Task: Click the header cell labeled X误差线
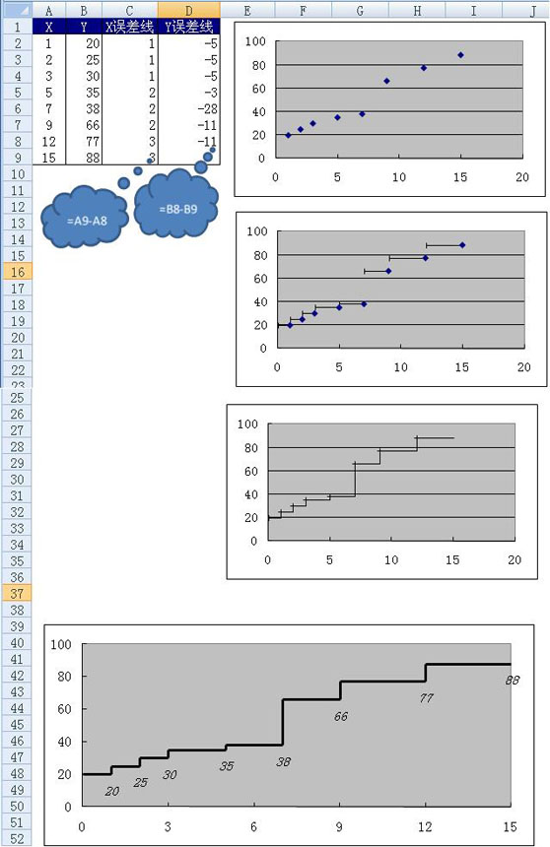(x=130, y=27)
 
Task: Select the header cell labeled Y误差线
(x=188, y=27)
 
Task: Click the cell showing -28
(x=188, y=108)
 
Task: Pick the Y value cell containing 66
(x=84, y=125)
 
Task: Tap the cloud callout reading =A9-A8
(x=85, y=217)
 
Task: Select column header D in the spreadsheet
(x=188, y=10)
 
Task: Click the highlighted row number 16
(x=17, y=272)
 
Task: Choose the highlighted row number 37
(x=17, y=593)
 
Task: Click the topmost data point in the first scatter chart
(x=460, y=55)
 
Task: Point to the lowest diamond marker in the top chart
(x=288, y=135)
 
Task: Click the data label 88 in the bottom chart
(x=513, y=681)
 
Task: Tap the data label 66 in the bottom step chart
(x=341, y=716)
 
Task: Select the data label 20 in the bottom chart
(x=112, y=792)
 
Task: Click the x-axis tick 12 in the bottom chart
(x=425, y=826)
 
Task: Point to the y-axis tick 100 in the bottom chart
(x=61, y=644)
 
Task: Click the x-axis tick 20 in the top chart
(x=522, y=177)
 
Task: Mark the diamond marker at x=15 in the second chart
(x=462, y=245)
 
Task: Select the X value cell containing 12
(x=48, y=142)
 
